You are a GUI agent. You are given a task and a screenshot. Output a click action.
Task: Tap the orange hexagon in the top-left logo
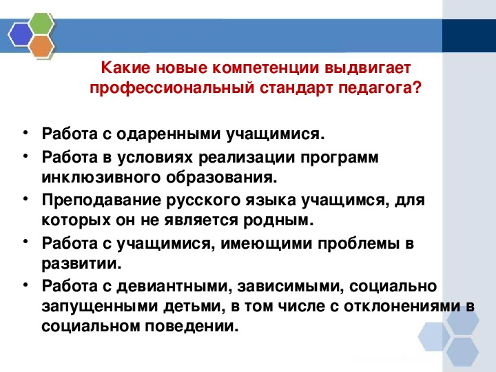[43, 46]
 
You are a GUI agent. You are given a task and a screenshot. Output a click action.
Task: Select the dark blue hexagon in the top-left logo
[20, 33]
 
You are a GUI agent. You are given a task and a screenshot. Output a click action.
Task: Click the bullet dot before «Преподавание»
[25, 198]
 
